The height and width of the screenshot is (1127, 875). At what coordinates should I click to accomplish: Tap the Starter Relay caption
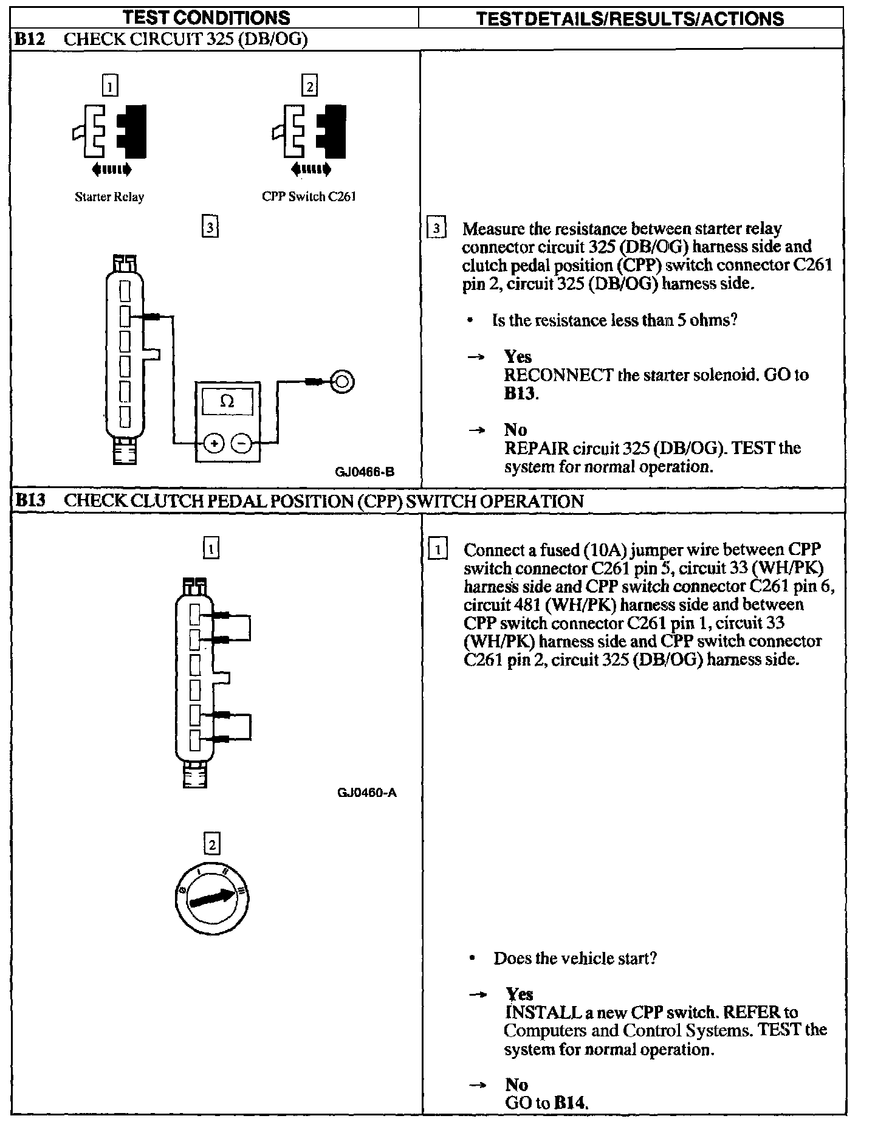[x=109, y=197]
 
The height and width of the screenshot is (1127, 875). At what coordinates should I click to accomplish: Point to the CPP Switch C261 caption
[x=309, y=196]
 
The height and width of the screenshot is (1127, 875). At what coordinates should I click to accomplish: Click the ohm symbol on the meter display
[x=227, y=401]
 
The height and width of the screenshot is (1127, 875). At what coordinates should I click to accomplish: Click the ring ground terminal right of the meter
[x=342, y=382]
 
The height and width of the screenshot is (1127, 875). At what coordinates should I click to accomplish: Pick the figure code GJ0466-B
[x=365, y=471]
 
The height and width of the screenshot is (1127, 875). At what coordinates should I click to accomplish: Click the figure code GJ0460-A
[x=366, y=793]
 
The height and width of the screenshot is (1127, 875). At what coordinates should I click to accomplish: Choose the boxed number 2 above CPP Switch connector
[x=309, y=86]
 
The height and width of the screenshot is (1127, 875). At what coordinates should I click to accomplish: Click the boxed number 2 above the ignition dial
[x=211, y=844]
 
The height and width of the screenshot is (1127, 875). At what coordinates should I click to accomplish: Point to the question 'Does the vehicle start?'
[x=575, y=958]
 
